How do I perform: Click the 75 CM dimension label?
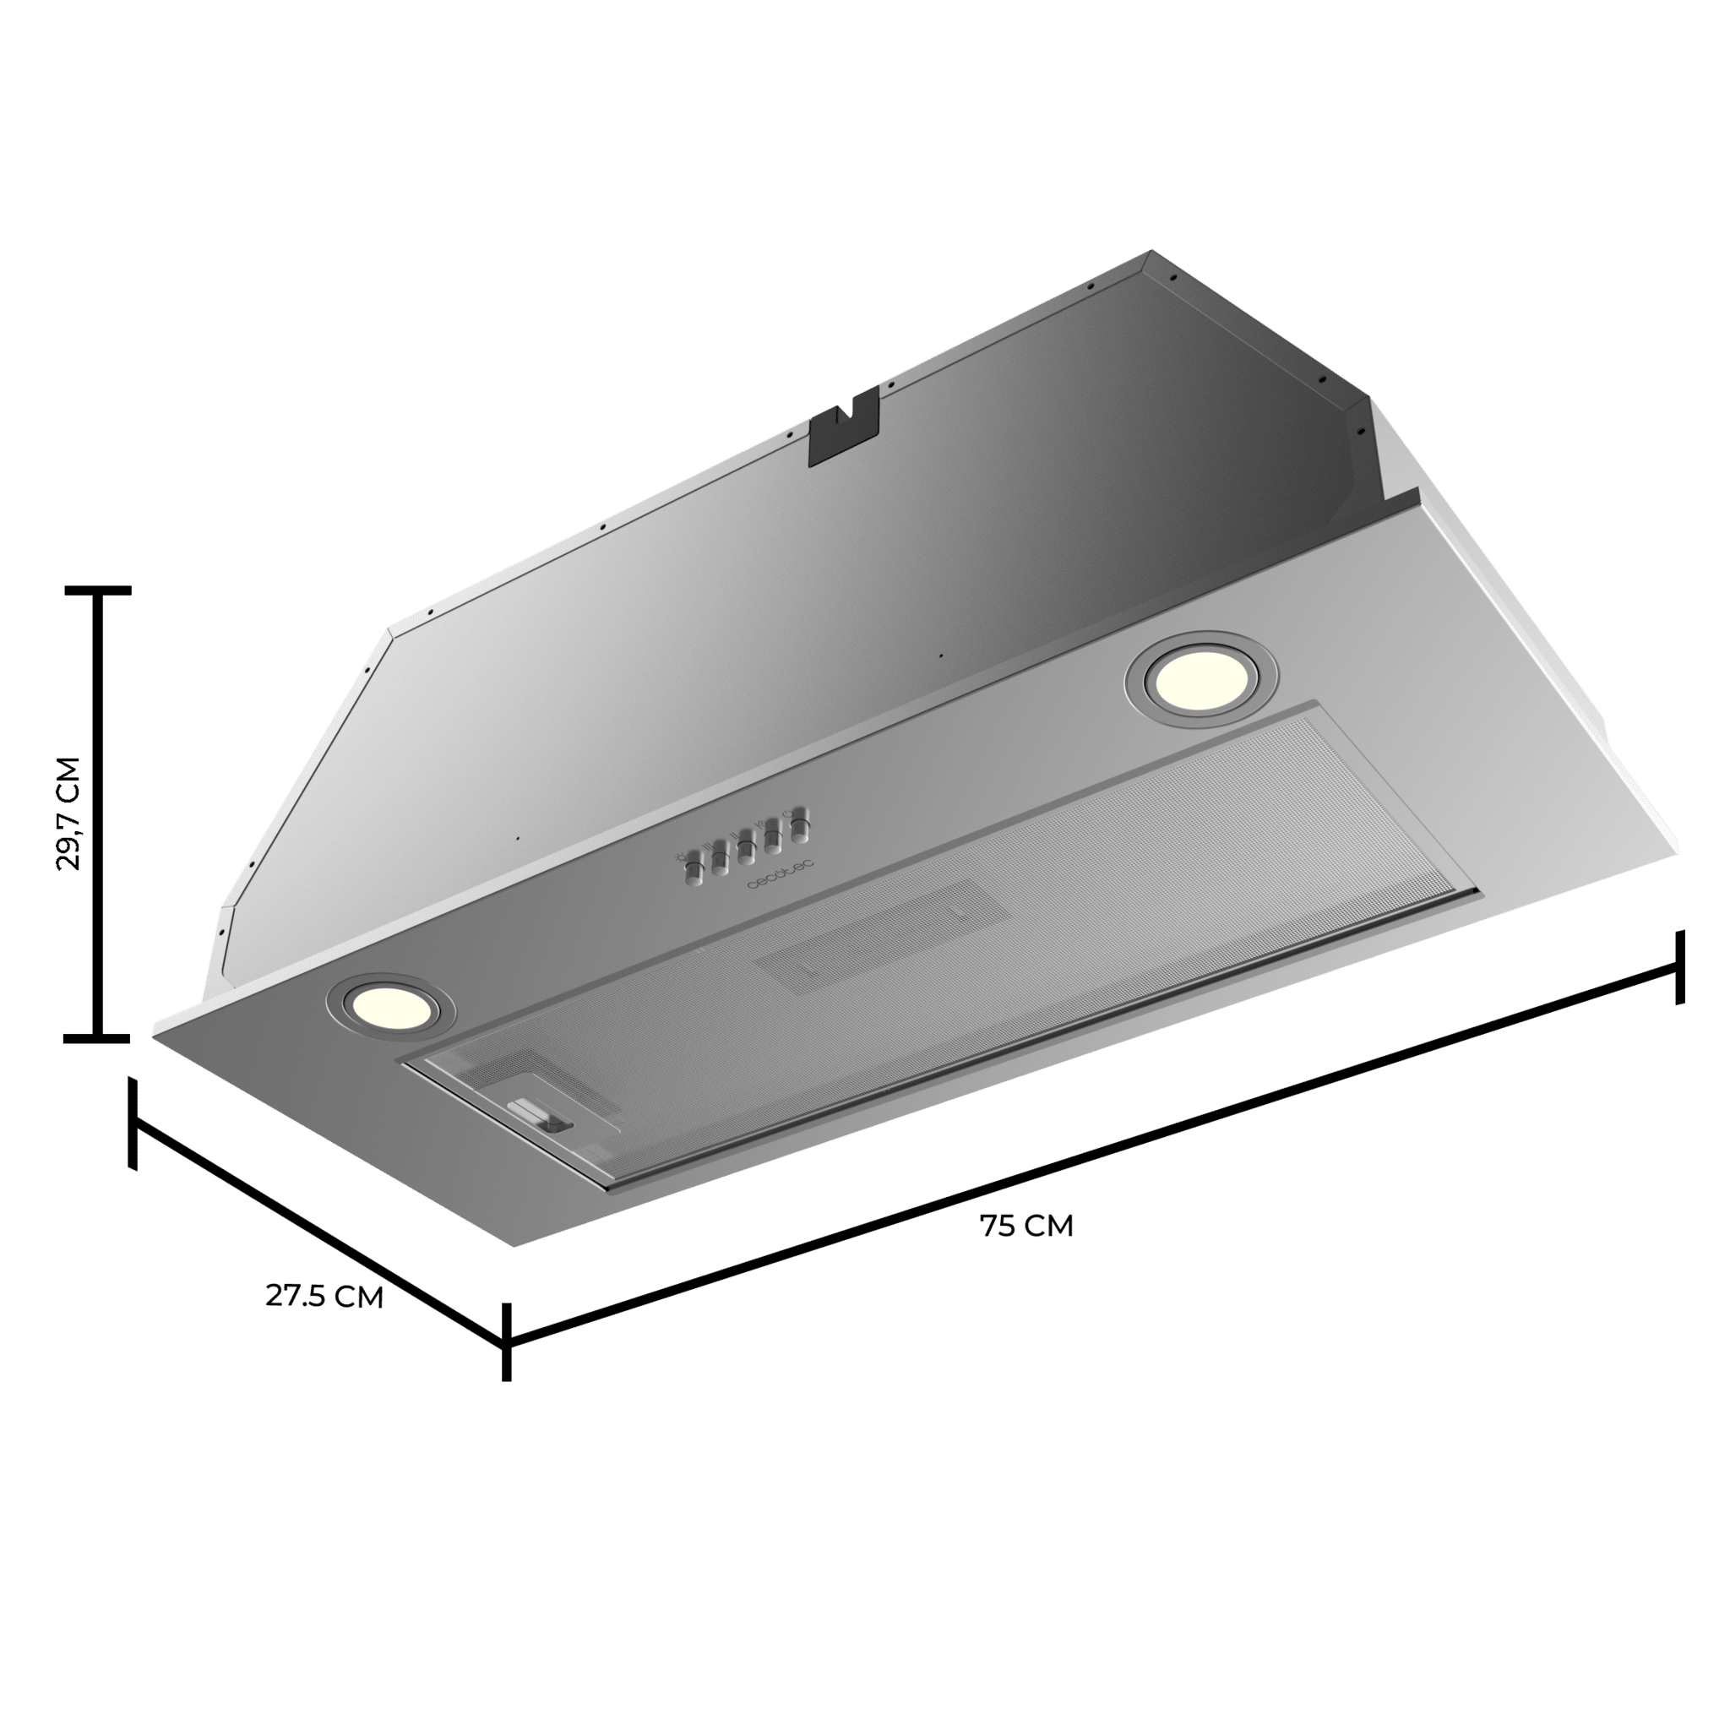pyautogui.click(x=1026, y=1226)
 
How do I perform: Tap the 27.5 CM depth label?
pyautogui.click(x=324, y=1296)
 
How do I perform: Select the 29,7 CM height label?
pyautogui.click(x=68, y=813)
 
